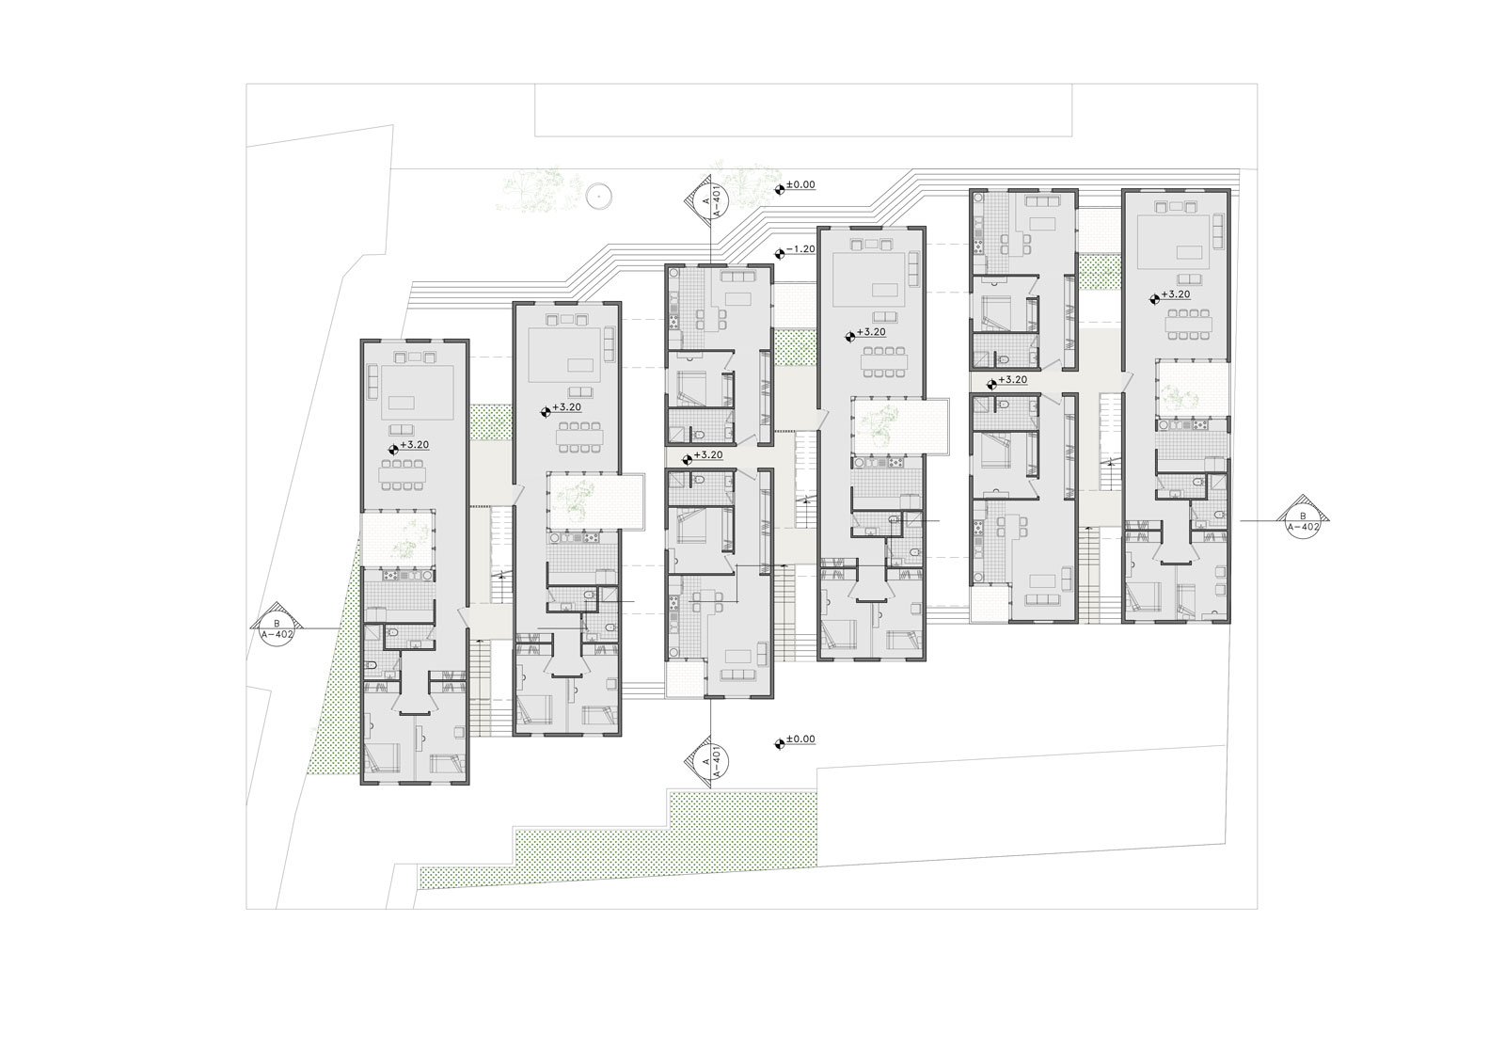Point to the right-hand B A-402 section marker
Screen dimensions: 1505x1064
[x=1304, y=521]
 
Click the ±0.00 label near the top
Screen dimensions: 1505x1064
[x=800, y=184]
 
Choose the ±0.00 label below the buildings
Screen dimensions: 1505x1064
[x=800, y=739]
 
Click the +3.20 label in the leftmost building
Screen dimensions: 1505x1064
[x=415, y=445]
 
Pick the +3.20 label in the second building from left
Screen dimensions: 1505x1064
[x=566, y=407]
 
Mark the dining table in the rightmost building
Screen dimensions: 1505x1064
[x=1190, y=326]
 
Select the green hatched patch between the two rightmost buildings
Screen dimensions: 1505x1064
[x=1100, y=273]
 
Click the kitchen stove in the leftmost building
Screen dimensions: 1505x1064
[x=390, y=576]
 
